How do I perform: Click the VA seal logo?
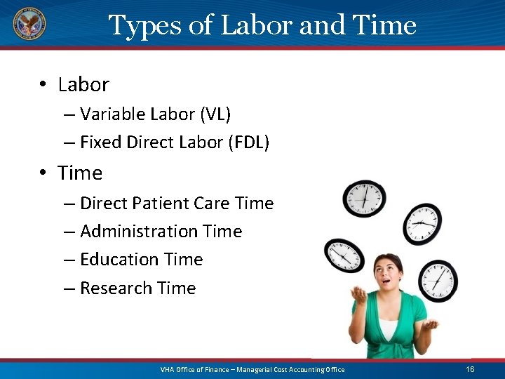[29, 24]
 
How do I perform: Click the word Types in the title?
[144, 26]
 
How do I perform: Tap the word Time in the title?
[385, 26]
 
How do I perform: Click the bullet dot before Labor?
[43, 86]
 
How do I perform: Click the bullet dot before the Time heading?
[43, 173]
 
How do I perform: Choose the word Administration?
[138, 232]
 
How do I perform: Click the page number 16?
[470, 369]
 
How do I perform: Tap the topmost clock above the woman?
[364, 198]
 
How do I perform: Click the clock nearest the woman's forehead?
[344, 255]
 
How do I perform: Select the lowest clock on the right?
[440, 279]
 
